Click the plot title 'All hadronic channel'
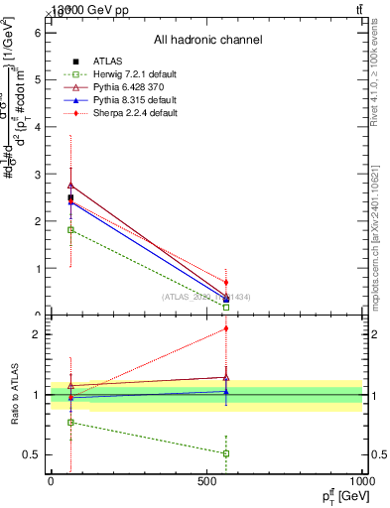pos(207,40)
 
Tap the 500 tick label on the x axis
pos(206,481)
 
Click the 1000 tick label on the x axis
pos(360,481)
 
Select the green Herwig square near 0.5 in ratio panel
pos(226,453)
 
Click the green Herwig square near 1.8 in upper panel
pos(70,230)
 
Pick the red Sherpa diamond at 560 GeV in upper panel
pos(226,282)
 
